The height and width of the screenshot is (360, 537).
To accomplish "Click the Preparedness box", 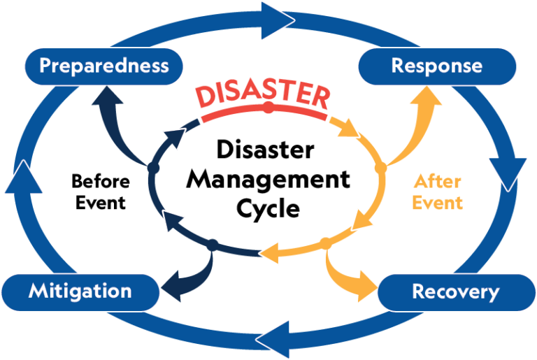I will pos(103,66).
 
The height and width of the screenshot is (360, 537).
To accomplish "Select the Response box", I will pos(436,66).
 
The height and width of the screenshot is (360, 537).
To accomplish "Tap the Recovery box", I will pos(456,291).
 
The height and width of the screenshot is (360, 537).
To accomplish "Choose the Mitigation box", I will pos(80,291).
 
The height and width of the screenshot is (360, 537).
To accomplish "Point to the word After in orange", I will pos(437,182).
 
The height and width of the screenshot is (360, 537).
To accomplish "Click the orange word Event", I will pos(437,203).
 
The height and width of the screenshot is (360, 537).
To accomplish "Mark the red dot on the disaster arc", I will pos(268,107).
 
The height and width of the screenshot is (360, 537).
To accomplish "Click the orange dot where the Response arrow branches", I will pos(380,168).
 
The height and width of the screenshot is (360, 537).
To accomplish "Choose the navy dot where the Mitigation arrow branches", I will pos(213,244).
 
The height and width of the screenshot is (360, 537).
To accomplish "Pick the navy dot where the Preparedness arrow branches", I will pos(155,168).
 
